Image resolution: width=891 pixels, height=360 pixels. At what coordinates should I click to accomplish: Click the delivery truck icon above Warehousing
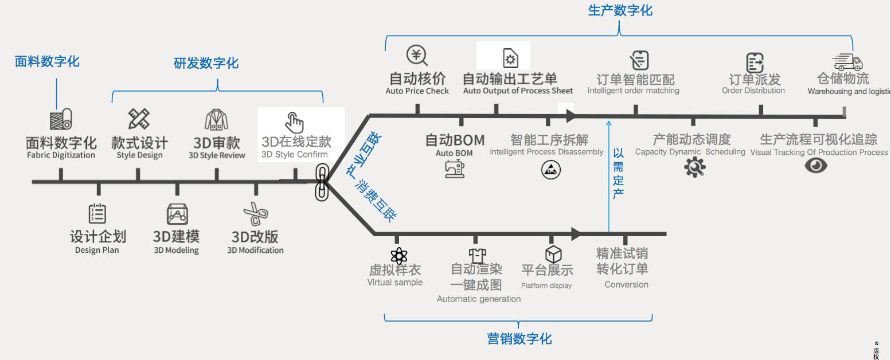click(847, 62)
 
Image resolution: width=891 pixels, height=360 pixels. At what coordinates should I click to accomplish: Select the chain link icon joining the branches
click(322, 182)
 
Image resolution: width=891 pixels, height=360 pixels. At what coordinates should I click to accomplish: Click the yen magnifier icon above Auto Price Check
click(417, 56)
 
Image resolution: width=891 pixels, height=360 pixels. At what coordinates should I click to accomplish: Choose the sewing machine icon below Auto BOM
click(455, 169)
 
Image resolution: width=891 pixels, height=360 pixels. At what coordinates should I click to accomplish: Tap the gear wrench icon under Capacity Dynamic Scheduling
click(694, 167)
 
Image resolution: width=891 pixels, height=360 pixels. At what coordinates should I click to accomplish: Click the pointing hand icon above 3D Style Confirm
click(294, 122)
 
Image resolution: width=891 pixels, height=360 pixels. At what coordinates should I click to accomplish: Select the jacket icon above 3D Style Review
click(217, 119)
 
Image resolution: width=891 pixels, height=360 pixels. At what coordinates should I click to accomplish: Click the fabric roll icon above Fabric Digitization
click(61, 120)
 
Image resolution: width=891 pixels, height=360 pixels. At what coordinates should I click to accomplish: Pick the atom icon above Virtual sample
click(398, 256)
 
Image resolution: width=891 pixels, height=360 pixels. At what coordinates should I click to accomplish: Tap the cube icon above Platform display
click(553, 254)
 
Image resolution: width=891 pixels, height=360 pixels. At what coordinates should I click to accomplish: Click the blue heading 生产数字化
click(620, 10)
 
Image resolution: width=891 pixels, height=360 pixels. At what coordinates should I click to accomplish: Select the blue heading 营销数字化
click(519, 339)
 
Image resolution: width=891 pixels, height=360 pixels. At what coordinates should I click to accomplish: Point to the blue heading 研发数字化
click(206, 63)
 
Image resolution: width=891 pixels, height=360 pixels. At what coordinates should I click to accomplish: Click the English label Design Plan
click(97, 250)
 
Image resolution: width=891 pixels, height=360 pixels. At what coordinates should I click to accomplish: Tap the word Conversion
click(626, 284)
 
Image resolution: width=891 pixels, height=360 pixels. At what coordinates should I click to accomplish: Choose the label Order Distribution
click(753, 91)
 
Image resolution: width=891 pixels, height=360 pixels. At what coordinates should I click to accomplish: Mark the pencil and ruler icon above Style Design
click(139, 119)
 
